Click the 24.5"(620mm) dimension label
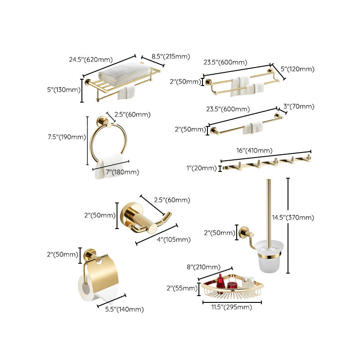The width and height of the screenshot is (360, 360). coord(90,59)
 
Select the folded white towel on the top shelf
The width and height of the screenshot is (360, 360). coord(121,73)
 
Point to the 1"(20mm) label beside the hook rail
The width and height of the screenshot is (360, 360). coord(202,168)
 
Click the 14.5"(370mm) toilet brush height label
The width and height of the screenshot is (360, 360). coord(292,217)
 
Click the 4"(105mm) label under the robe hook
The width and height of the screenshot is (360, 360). coord(173,239)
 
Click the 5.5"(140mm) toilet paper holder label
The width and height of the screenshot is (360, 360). coord(125,309)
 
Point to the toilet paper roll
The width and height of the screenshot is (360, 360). coord(86,290)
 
